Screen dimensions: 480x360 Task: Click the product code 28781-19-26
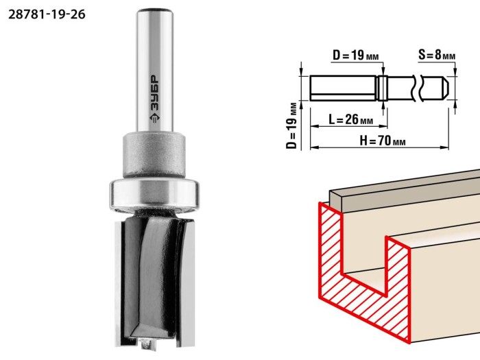pos(47,14)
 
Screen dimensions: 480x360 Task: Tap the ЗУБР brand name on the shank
pos(154,93)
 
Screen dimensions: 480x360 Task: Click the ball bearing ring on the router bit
pos(154,195)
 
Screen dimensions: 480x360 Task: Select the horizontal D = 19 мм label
pos(355,56)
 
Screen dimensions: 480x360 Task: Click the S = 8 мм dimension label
pos(437,55)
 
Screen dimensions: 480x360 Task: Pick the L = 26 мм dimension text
pos(351,119)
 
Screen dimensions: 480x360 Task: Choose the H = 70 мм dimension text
pos(383,141)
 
